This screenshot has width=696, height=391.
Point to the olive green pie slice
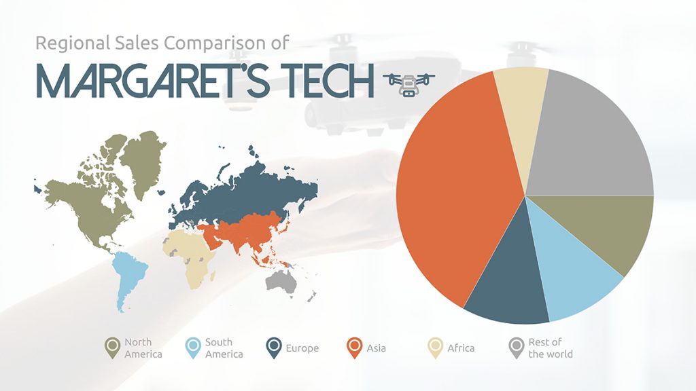point(608,227)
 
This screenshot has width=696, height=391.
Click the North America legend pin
point(113,347)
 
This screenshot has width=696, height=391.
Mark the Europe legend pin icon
point(274,347)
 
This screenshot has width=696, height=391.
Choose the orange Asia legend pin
point(354,347)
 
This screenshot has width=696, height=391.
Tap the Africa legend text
point(460,348)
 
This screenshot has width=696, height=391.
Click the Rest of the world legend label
point(550,348)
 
